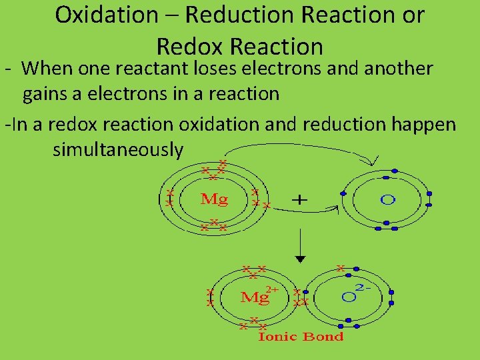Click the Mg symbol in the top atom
pos(214,199)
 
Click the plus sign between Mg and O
pos(301,199)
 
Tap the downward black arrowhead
pos(301,257)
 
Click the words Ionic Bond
pos(301,337)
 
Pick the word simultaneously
pos(117,150)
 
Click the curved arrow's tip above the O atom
pos(373,162)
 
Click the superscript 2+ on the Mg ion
pos(272,289)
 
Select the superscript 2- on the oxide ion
pos(365,287)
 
